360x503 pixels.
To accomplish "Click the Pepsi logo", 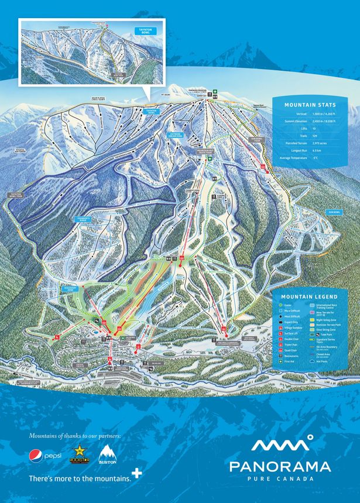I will pyautogui.click(x=45, y=454).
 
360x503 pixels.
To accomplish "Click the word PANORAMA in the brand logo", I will pyautogui.click(x=279, y=466).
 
